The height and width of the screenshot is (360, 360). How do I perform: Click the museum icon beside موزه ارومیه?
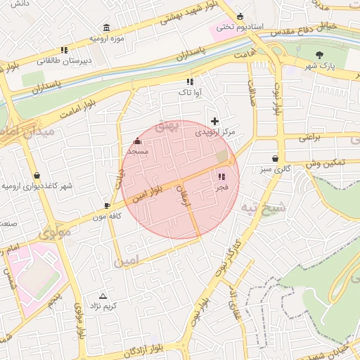(x=106, y=27)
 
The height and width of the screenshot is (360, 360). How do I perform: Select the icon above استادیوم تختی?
(x=240, y=16)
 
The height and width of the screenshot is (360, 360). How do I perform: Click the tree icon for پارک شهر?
(x=321, y=54)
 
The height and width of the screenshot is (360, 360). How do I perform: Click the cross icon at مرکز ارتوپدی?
(x=214, y=122)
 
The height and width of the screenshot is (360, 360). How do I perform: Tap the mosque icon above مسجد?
(x=137, y=141)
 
